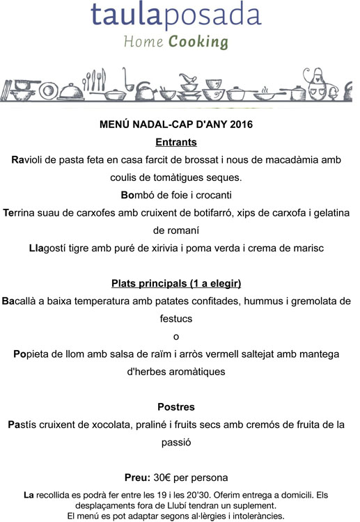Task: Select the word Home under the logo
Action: [143, 42]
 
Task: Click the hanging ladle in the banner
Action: [126, 80]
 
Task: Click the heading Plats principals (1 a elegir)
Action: [176, 284]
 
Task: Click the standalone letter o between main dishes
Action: [176, 336]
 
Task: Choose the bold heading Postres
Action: [176, 406]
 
